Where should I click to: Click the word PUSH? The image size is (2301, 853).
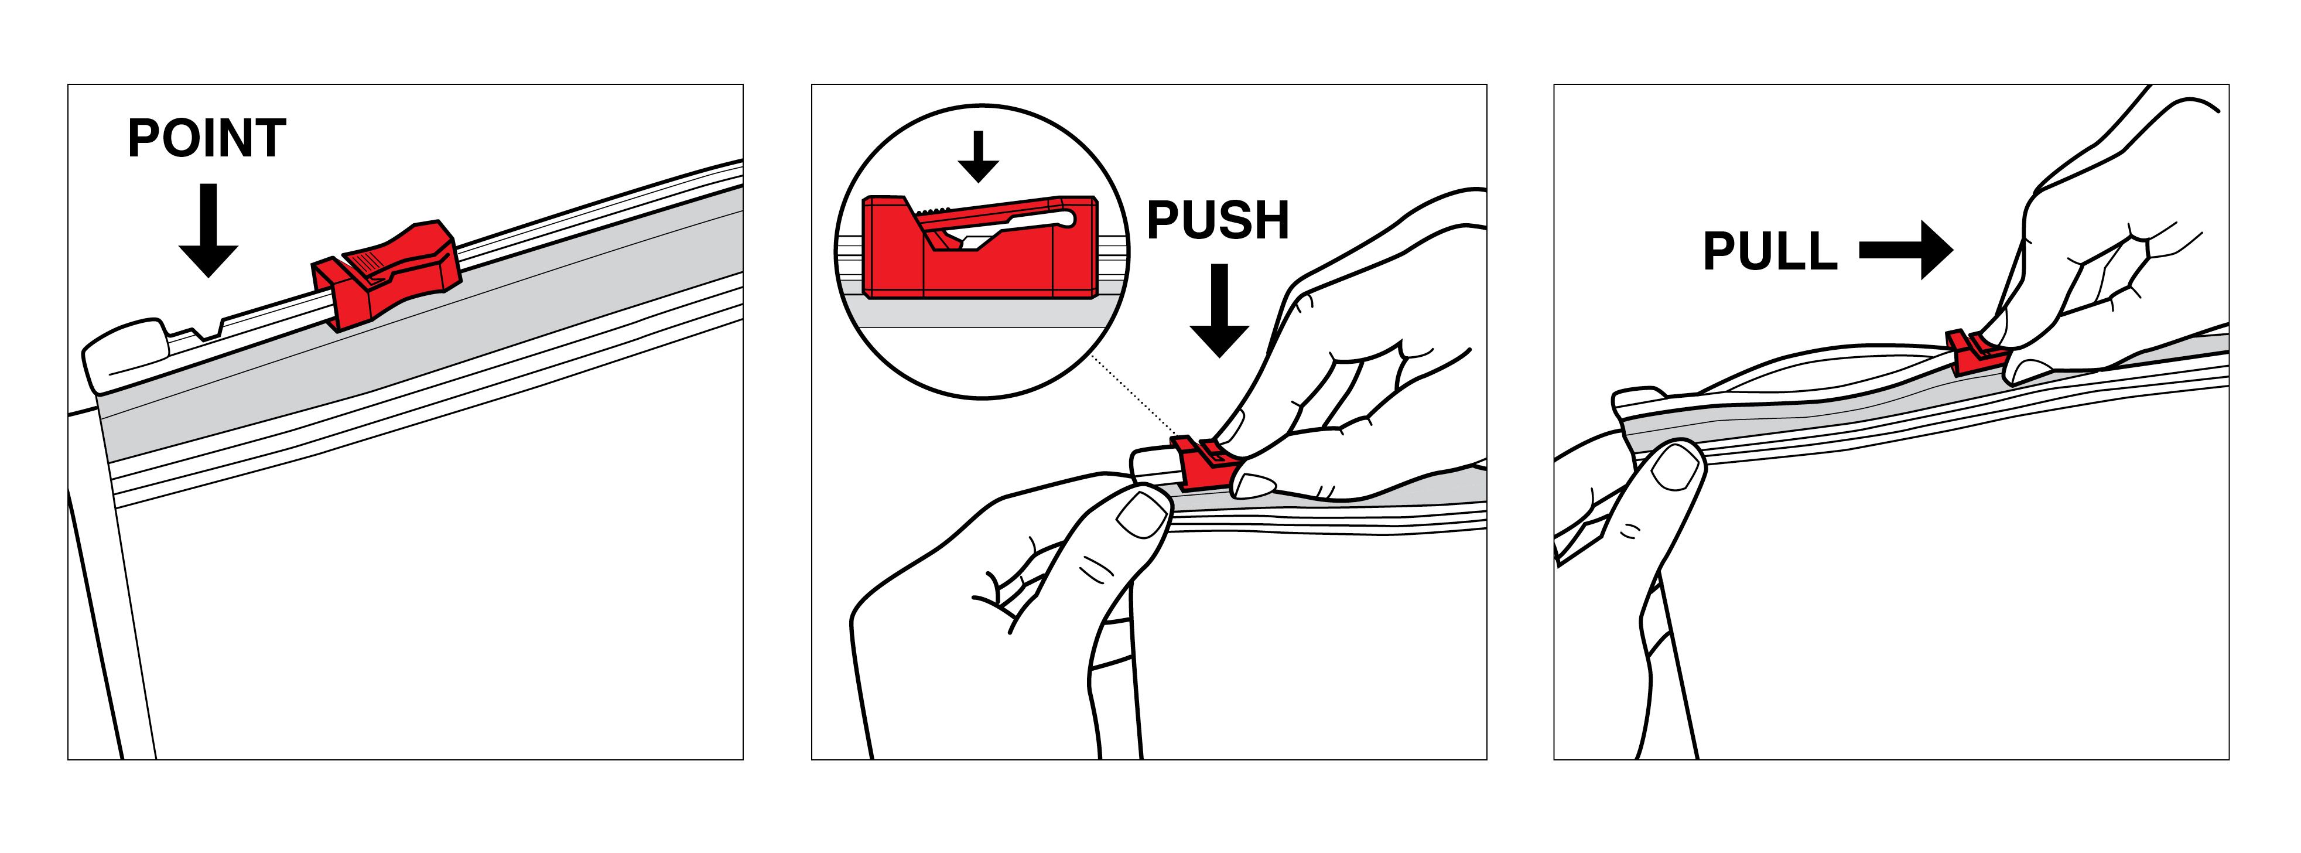[1218, 221]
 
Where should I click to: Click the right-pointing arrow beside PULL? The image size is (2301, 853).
[1907, 250]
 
